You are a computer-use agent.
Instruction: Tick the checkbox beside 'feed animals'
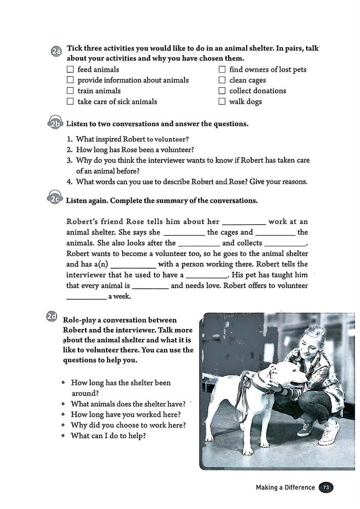click(70, 69)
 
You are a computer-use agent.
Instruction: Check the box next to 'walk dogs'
click(222, 102)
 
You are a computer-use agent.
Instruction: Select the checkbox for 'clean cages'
click(222, 80)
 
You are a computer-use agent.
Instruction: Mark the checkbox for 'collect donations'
click(222, 91)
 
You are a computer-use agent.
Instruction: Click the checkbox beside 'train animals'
click(70, 91)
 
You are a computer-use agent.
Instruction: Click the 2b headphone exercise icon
click(56, 124)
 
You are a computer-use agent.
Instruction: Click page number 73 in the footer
click(326, 487)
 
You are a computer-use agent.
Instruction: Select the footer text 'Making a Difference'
click(285, 487)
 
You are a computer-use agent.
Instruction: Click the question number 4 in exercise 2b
click(69, 182)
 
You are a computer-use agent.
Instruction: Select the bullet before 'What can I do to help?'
click(63, 436)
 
